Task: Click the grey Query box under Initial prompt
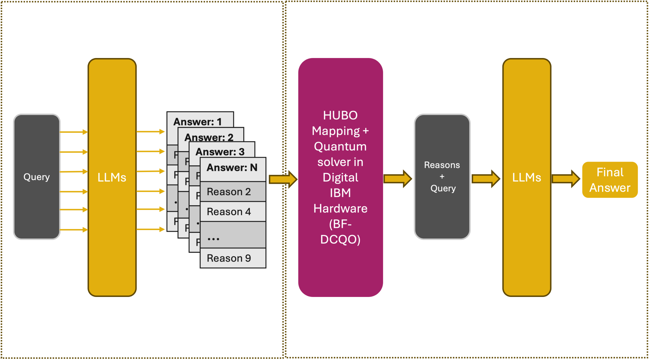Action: click(37, 177)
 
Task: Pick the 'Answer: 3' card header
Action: click(220, 151)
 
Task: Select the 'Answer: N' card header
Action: click(232, 168)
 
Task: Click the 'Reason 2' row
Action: click(233, 192)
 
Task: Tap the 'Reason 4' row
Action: click(233, 212)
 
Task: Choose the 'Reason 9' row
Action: click(233, 258)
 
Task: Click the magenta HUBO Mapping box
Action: click(340, 177)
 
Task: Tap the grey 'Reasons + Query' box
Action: click(442, 177)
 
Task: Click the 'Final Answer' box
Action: click(610, 180)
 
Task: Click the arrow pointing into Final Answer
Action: click(566, 179)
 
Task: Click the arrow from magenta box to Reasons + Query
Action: click(398, 179)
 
